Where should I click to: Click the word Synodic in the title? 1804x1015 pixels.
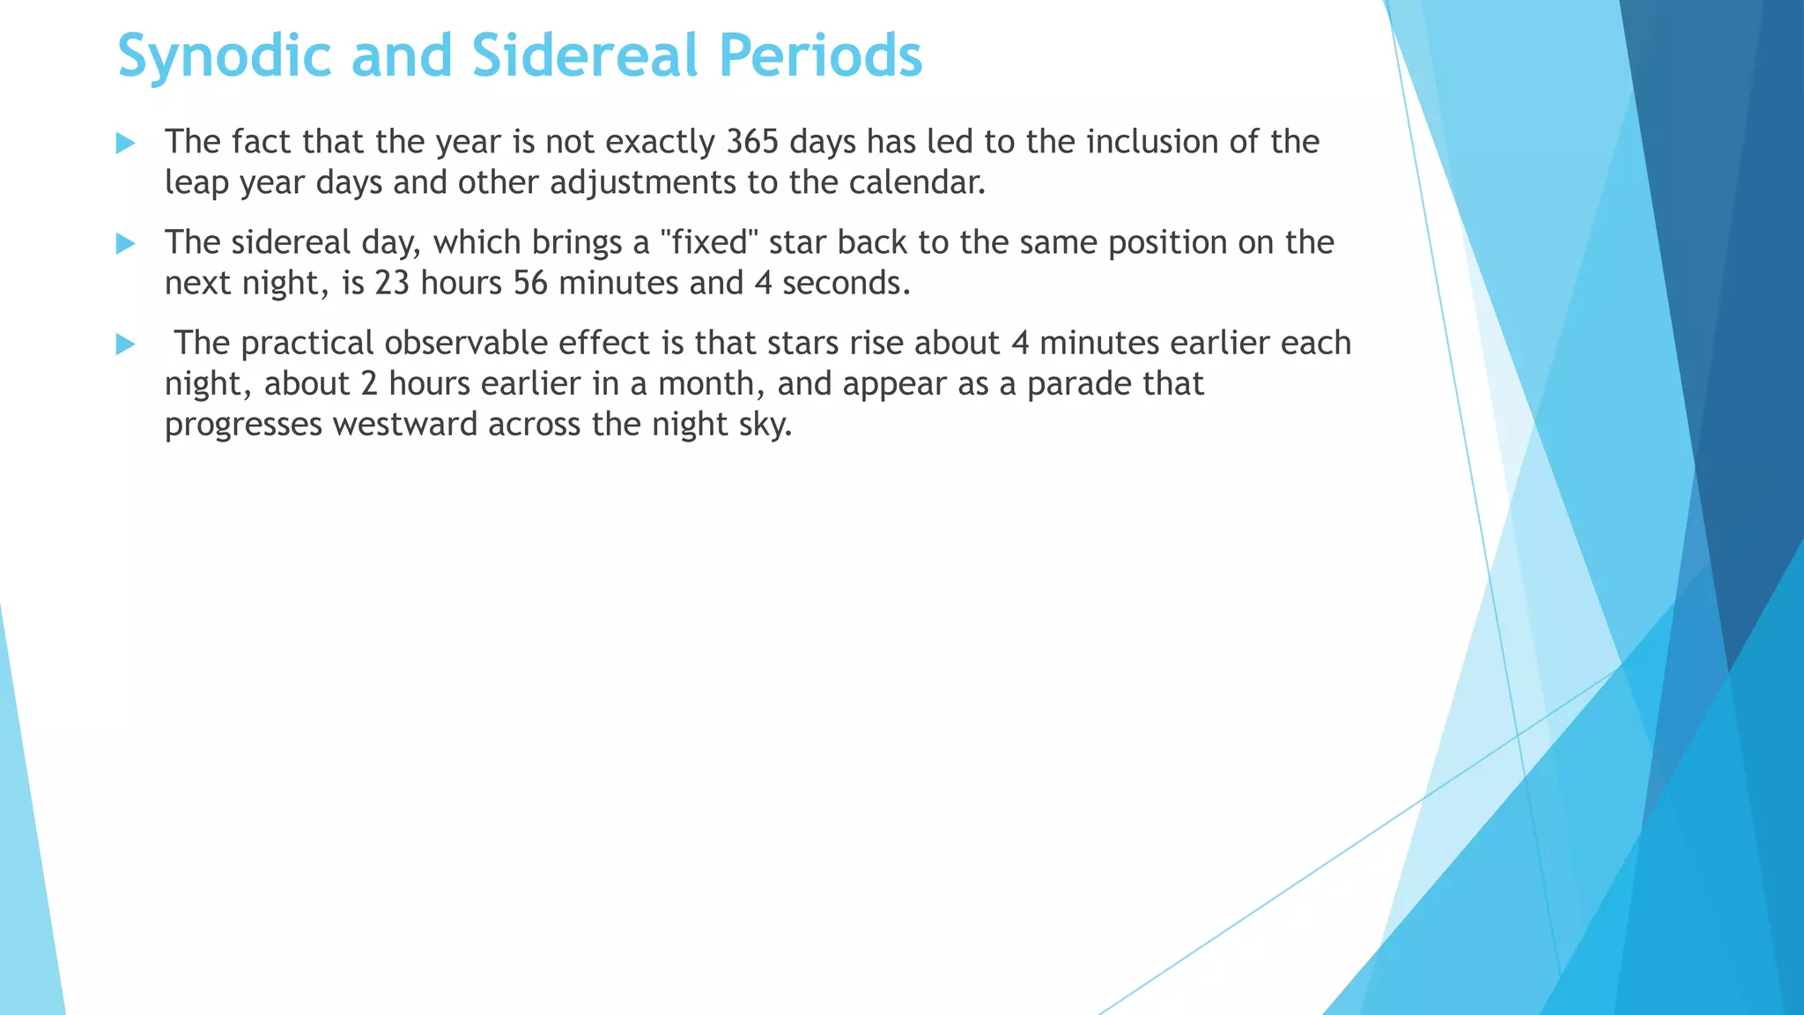click(x=224, y=56)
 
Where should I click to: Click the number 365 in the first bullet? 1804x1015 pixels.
click(x=753, y=142)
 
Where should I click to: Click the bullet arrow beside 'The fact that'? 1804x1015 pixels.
click(x=126, y=144)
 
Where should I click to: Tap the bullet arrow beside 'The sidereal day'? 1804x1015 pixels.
click(x=126, y=244)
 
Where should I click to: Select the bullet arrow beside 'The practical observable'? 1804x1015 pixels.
click(x=126, y=345)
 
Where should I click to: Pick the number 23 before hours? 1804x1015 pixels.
click(x=392, y=283)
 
